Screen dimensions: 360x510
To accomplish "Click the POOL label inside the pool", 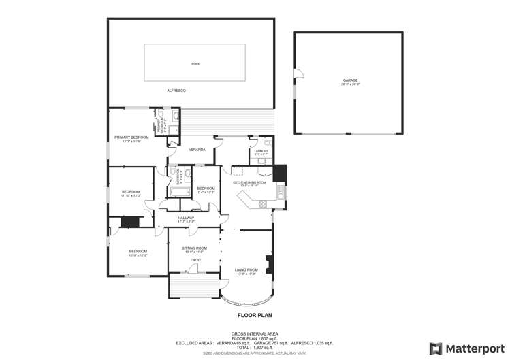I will pyautogui.click(x=196, y=64).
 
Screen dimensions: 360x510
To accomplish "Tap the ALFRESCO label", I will pyautogui.click(x=176, y=91).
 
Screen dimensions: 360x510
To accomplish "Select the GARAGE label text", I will pyautogui.click(x=350, y=80).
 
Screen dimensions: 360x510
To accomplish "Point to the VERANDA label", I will pyautogui.click(x=197, y=149).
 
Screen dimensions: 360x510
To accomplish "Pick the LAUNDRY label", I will pyautogui.click(x=261, y=152).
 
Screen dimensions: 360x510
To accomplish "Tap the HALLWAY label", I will pyautogui.click(x=186, y=218).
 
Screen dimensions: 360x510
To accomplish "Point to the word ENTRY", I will pyautogui.click(x=195, y=260).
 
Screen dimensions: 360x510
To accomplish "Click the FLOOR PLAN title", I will pyautogui.click(x=255, y=315).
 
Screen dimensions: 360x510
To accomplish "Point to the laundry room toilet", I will pyautogui.click(x=268, y=143).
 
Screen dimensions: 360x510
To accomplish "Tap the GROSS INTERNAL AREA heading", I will pyautogui.click(x=254, y=333).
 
